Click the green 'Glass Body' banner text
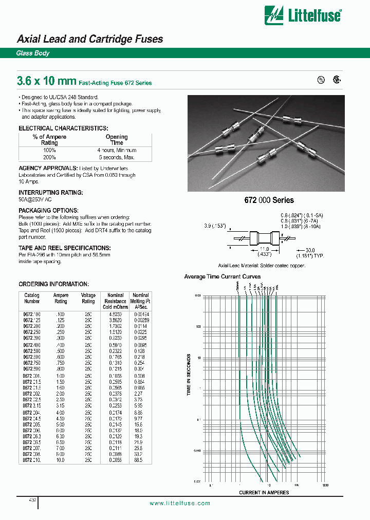click(33, 53)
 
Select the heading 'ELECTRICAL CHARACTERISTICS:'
click(63, 128)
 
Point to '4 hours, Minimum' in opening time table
click(117, 150)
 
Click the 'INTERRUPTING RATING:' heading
click(51, 192)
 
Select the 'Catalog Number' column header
click(32, 299)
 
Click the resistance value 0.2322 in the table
click(115, 350)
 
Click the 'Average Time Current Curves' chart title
click(222, 276)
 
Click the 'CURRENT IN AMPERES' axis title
click(264, 492)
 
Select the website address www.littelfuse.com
click(180, 504)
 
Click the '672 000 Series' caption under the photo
click(269, 200)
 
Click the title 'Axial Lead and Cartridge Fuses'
click(90, 39)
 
